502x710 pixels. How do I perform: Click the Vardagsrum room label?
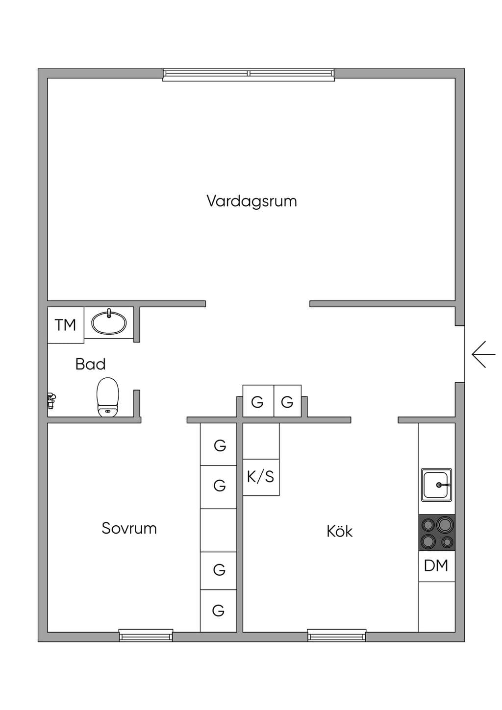coord(252,201)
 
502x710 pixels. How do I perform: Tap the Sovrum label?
coord(129,528)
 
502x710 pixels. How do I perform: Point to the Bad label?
coord(90,364)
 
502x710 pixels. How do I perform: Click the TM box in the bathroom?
coord(66,325)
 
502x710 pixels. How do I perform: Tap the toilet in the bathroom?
coord(108,397)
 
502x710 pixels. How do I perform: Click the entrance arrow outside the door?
coord(483,354)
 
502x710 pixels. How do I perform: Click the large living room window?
coord(249,74)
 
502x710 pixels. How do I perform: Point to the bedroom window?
coord(146,635)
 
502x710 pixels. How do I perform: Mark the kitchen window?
coord(336,635)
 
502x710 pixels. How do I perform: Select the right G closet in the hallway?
coord(288,401)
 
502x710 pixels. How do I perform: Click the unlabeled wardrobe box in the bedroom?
coord(219,530)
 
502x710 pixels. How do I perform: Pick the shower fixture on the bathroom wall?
coord(51,400)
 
